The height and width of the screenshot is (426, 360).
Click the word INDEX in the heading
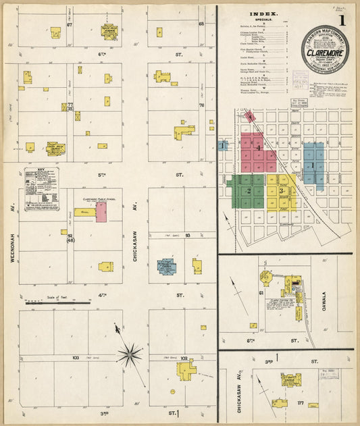click(x=259, y=13)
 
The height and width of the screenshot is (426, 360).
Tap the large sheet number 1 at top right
click(x=342, y=20)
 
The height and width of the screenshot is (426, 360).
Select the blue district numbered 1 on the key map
click(x=313, y=164)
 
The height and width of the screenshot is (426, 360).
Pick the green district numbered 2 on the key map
click(x=247, y=191)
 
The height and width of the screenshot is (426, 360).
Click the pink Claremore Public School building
click(x=101, y=212)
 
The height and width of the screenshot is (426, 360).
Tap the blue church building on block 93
click(x=166, y=266)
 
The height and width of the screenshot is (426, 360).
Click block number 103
click(x=75, y=357)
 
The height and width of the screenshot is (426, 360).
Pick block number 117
click(x=300, y=404)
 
